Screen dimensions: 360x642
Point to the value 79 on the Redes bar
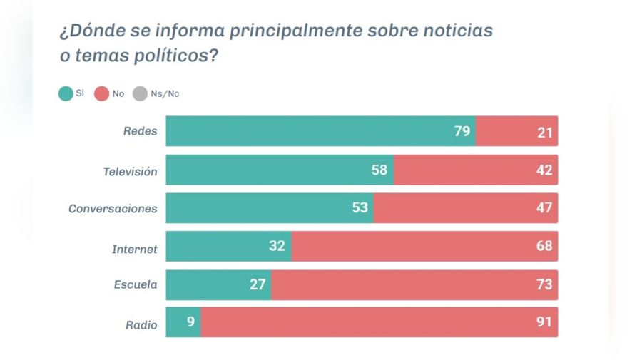click(462, 131)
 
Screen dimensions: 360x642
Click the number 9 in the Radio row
click(190, 322)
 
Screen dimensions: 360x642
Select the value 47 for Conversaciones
click(544, 208)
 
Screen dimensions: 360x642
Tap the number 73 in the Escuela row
click(544, 284)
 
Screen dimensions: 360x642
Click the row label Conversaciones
click(113, 209)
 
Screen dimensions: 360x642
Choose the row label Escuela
click(136, 285)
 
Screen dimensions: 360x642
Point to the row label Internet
click(135, 247)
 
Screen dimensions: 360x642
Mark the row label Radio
click(141, 324)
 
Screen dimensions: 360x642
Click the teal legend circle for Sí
click(65, 93)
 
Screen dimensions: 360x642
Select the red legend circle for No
click(101, 93)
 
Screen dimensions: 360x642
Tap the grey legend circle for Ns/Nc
click(140, 93)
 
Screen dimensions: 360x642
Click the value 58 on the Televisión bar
click(379, 170)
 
